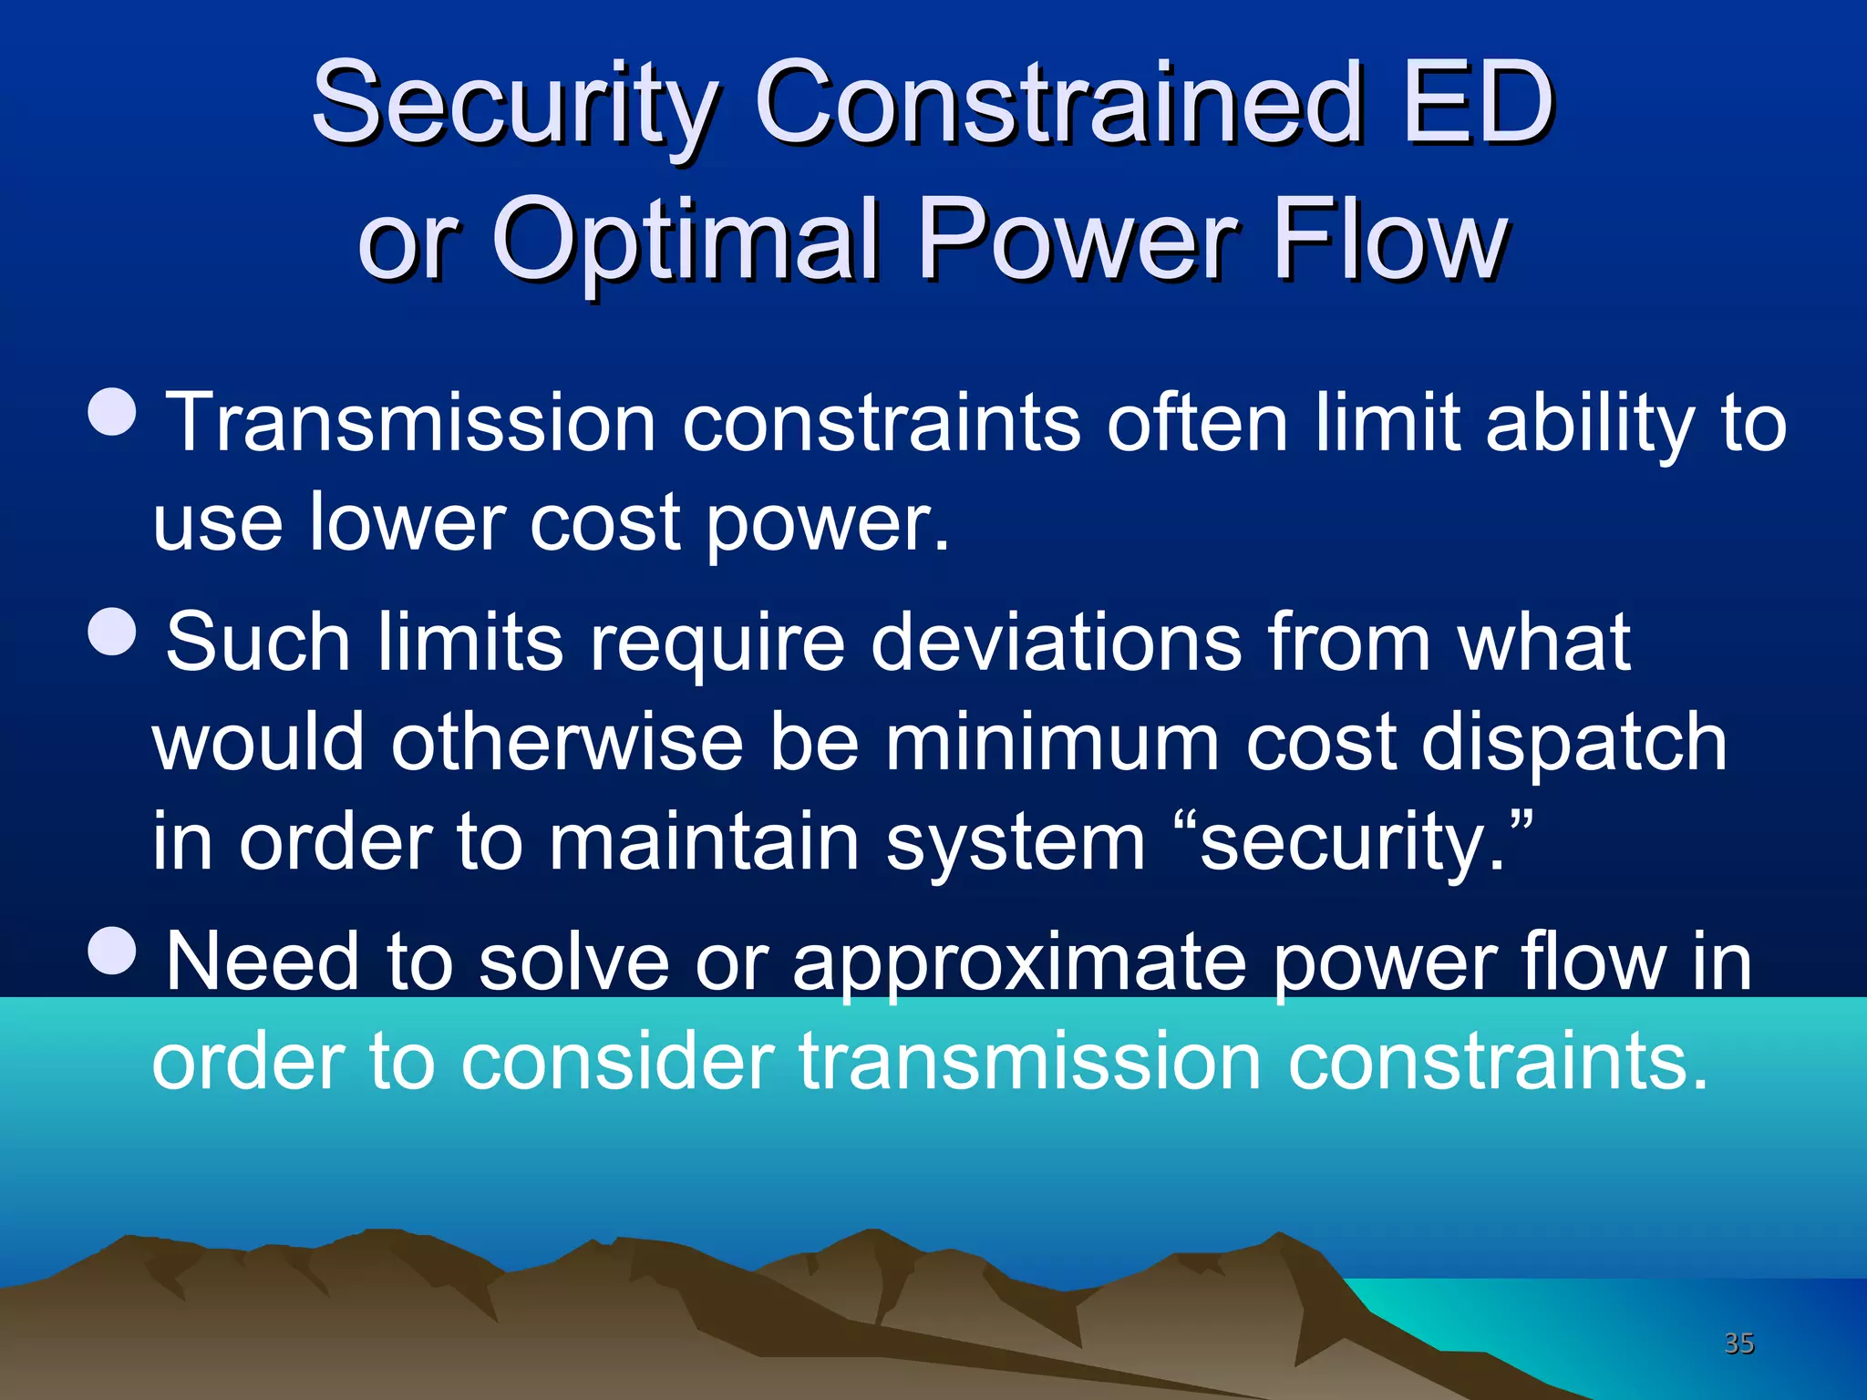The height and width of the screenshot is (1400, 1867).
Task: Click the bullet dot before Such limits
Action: (x=113, y=631)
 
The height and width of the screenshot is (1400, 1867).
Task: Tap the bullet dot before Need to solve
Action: (x=113, y=950)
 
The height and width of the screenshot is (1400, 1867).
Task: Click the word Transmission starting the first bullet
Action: (x=410, y=422)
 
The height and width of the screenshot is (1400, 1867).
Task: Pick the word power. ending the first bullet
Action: (x=828, y=524)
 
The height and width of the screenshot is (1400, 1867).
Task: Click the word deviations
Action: (x=1056, y=643)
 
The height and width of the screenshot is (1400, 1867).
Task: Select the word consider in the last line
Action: (x=617, y=1062)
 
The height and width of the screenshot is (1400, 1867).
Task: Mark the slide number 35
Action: (x=1738, y=1343)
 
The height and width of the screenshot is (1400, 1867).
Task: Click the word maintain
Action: (x=704, y=843)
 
